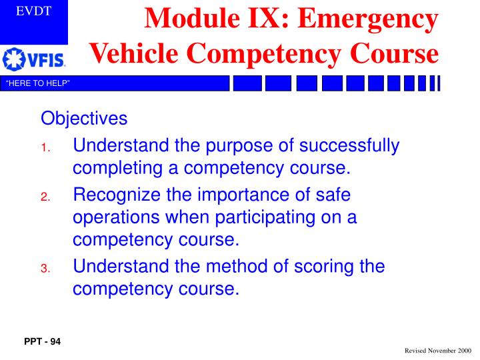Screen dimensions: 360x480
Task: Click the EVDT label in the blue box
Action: coord(33,11)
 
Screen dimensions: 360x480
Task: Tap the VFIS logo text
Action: coord(46,60)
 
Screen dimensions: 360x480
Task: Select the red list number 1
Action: coord(44,148)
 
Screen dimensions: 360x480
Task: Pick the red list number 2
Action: coord(45,197)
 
